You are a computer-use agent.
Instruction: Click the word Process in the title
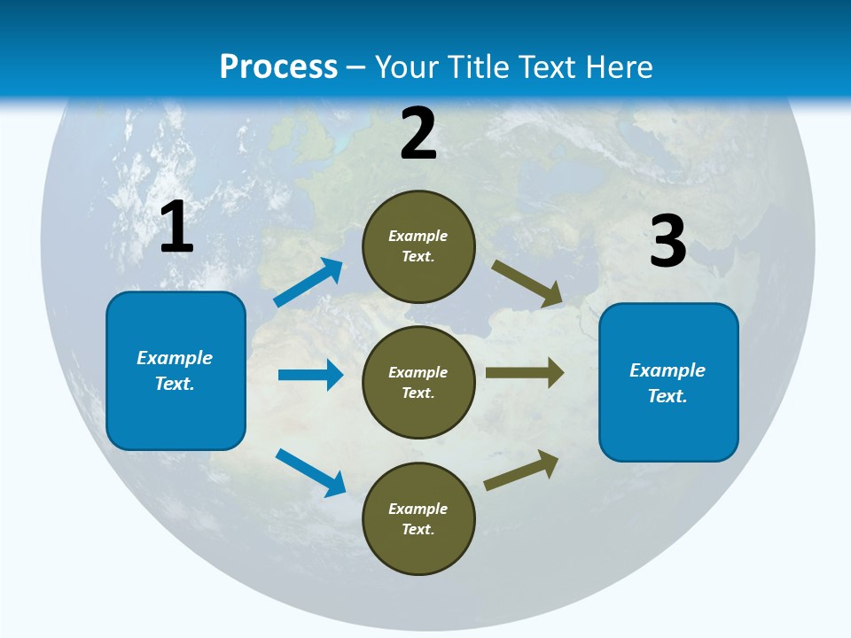pyautogui.click(x=278, y=67)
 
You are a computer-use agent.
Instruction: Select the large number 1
pyautogui.click(x=176, y=228)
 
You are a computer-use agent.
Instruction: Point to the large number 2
pyautogui.click(x=418, y=134)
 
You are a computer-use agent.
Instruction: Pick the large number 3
pyautogui.click(x=668, y=241)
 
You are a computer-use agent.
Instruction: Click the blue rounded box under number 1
pyautogui.click(x=176, y=370)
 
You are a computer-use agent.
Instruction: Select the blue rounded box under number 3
pyautogui.click(x=668, y=383)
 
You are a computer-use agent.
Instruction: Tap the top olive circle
pyautogui.click(x=418, y=246)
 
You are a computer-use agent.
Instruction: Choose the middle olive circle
pyautogui.click(x=418, y=383)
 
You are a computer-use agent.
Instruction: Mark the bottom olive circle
pyautogui.click(x=418, y=518)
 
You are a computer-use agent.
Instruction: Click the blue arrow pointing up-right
pyautogui.click(x=309, y=283)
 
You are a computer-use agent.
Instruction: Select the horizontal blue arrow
pyautogui.click(x=310, y=375)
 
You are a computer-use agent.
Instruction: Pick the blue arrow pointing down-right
pyautogui.click(x=311, y=472)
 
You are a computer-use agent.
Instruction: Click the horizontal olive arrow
pyautogui.click(x=525, y=373)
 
